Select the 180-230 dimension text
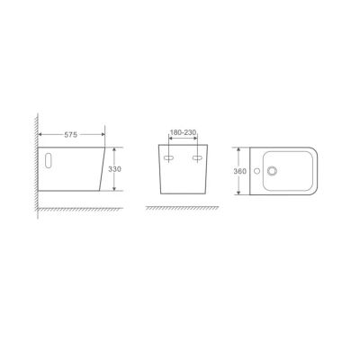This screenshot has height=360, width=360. [x=184, y=131]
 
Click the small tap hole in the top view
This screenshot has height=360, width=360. [x=258, y=168]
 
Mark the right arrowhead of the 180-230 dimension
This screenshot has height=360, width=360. [x=196, y=138]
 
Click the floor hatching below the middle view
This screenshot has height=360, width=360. [x=184, y=209]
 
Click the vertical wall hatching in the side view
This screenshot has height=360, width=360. [x=34, y=162]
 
